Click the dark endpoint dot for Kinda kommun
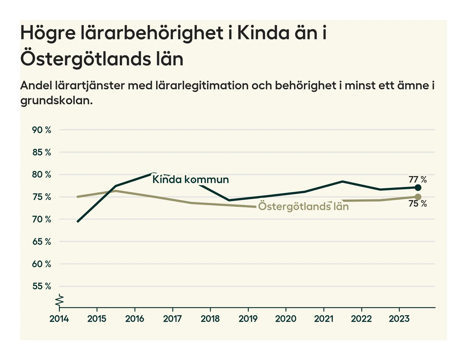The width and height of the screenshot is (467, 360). (418, 188)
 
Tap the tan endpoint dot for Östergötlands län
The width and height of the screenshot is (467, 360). (418, 197)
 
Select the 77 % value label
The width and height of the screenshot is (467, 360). (418, 180)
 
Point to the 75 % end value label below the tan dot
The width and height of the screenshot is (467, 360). (418, 204)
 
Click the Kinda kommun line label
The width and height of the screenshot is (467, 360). (190, 180)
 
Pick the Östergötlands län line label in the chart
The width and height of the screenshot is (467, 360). (303, 206)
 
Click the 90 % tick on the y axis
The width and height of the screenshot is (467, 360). (42, 130)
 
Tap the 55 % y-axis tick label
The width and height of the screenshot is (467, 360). (42, 286)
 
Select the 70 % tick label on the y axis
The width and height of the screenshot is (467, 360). (42, 219)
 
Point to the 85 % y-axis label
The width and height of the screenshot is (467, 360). (42, 152)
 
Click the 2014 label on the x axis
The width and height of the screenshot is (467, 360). (59, 319)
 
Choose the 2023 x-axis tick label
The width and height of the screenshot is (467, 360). (399, 319)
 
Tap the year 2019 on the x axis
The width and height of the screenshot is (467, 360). (248, 319)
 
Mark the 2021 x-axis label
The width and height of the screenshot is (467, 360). (324, 319)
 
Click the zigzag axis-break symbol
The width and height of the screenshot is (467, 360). (60, 301)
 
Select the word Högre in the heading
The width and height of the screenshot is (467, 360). (48, 33)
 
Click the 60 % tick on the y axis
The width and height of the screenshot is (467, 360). (42, 264)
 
